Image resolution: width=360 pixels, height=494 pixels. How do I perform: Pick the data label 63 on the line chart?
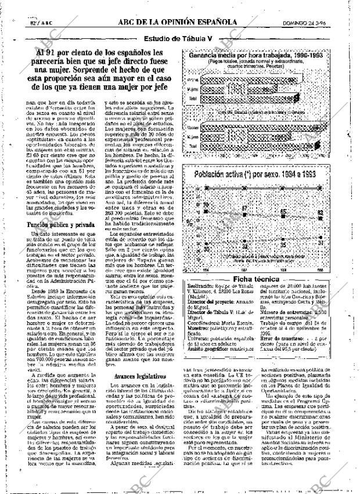click(336, 214)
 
